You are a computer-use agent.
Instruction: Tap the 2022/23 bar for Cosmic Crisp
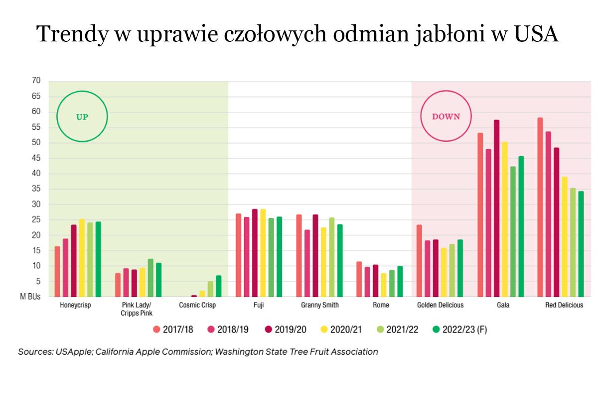pyautogui.click(x=218, y=286)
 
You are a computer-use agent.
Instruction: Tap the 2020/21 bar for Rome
pyautogui.click(x=384, y=285)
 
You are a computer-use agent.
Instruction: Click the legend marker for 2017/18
pyautogui.click(x=156, y=329)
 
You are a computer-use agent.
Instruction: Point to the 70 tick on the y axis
pyautogui.click(x=35, y=80)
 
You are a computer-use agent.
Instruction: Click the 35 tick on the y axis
pyautogui.click(x=35, y=189)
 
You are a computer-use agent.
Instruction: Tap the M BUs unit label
pyautogui.click(x=30, y=297)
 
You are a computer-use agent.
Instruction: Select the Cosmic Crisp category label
pyautogui.click(x=198, y=305)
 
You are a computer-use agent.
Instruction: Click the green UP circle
pyautogui.click(x=82, y=116)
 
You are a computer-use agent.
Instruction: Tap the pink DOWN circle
pyautogui.click(x=446, y=116)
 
